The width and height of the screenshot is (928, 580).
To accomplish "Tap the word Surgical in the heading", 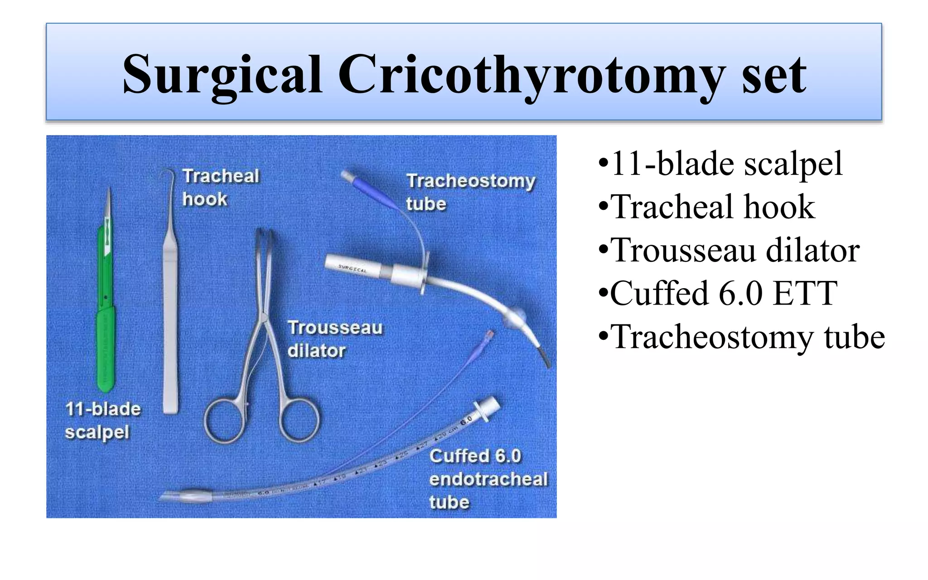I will click(x=222, y=75).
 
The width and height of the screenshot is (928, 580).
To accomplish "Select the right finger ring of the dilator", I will click(x=300, y=420).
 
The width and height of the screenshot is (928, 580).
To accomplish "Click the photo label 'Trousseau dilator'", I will click(x=334, y=339).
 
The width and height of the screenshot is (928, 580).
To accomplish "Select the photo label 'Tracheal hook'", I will click(x=220, y=187).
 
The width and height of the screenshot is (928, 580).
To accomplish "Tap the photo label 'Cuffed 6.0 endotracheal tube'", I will click(x=488, y=478).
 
